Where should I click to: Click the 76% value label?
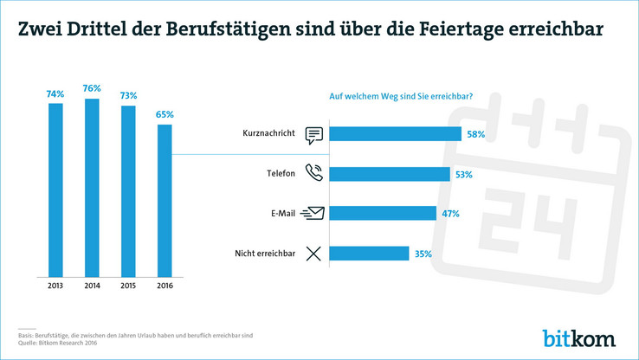[92, 88]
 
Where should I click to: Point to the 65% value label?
[165, 114]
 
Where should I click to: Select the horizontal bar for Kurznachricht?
[396, 133]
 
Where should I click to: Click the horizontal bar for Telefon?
[390, 173]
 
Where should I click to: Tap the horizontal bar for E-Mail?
[383, 213]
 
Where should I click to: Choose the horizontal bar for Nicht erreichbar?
[369, 253]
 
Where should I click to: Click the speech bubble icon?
[313, 134]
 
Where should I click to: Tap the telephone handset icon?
[313, 173]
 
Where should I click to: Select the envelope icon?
[313, 213]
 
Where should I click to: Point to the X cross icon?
[313, 253]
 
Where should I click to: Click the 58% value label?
[475, 134]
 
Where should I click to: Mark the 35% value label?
[423, 254]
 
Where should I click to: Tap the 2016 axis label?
[165, 284]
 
